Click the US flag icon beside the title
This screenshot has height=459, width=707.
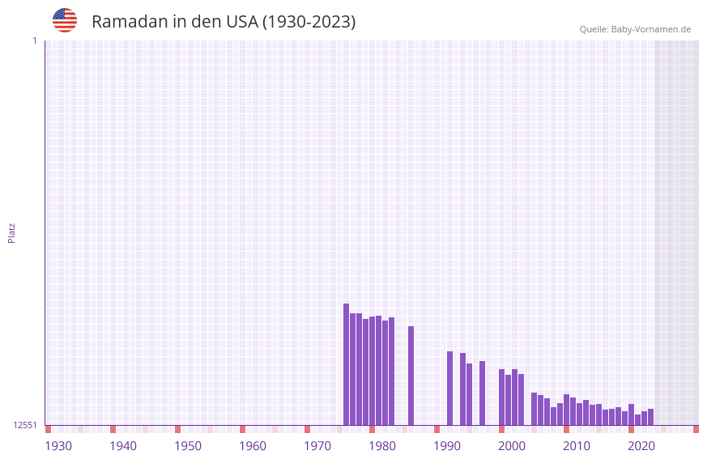65,20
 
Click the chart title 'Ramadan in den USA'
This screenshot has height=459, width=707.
224,22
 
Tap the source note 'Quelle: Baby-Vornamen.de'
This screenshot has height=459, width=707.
635,29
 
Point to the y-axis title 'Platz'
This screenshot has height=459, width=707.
11,232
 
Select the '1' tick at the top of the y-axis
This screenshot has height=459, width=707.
34,40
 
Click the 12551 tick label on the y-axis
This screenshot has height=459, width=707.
25,425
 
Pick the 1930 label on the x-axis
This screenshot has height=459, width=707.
58,446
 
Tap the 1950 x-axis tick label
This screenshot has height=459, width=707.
188,446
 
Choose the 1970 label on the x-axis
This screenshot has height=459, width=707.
317,446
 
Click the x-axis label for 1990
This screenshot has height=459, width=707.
447,446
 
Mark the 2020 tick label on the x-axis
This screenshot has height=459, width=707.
641,446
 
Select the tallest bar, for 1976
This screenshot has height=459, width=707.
346,364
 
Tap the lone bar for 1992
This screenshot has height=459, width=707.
449,388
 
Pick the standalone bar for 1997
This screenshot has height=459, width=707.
482,393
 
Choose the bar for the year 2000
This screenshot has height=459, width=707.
501,397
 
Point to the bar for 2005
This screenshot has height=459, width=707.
534,409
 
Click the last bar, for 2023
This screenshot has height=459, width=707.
650,417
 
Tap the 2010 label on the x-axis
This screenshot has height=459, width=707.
577,446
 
